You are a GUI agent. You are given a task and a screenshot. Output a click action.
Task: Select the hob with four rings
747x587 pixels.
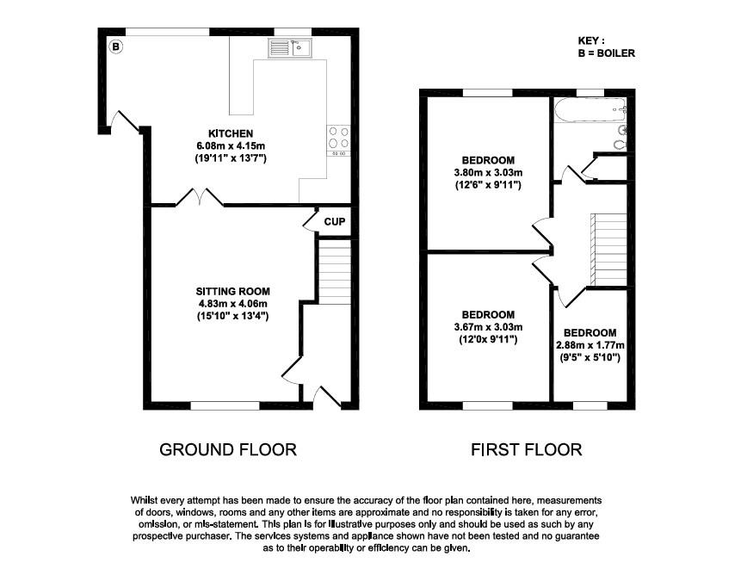pyautogui.click(x=337, y=139)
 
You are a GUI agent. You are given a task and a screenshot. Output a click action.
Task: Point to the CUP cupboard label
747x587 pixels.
pyautogui.click(x=335, y=222)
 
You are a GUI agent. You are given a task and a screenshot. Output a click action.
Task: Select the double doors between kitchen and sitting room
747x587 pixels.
pyautogui.click(x=201, y=200)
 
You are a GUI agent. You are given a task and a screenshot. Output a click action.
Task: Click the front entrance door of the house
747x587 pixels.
pyautogui.click(x=325, y=397)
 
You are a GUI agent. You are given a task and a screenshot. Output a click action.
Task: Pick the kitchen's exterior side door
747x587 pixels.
pyautogui.click(x=127, y=121)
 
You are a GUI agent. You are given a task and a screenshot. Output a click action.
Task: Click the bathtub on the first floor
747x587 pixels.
pyautogui.click(x=591, y=109)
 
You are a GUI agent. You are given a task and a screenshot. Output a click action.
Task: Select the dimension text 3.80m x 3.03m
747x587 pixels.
pyautogui.click(x=488, y=173)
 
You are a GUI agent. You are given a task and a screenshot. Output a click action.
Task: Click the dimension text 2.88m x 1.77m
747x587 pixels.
pyautogui.click(x=590, y=346)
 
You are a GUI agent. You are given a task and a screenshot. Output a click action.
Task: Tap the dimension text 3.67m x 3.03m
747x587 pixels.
pyautogui.click(x=488, y=327)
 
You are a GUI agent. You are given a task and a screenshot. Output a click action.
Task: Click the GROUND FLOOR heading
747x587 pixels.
pyautogui.click(x=228, y=449)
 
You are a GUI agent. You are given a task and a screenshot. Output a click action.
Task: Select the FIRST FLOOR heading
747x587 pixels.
pyautogui.click(x=526, y=449)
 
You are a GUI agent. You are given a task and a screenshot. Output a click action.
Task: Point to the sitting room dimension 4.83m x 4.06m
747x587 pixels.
pyautogui.click(x=232, y=303)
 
